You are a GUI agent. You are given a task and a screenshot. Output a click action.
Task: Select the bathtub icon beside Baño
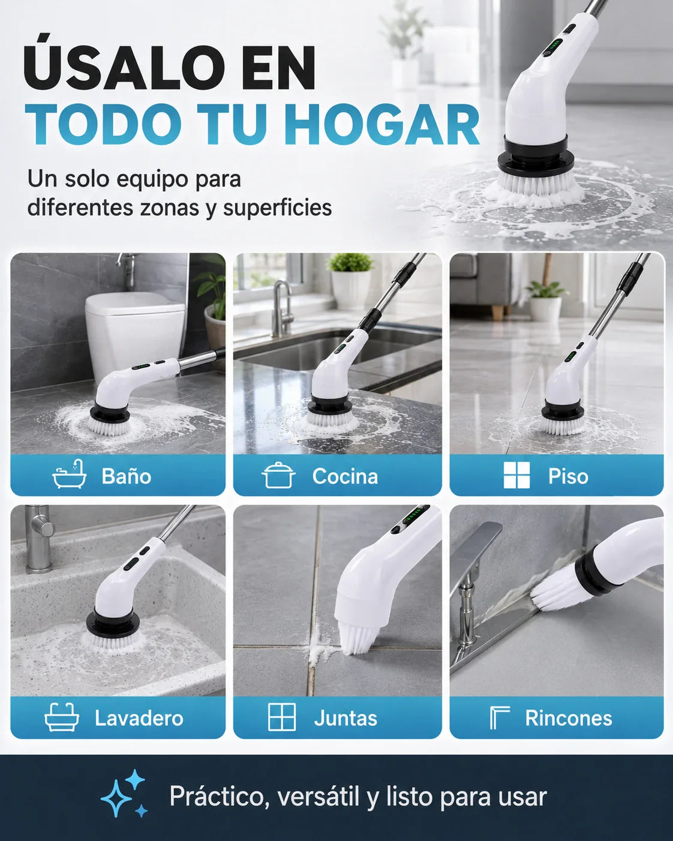(70, 474)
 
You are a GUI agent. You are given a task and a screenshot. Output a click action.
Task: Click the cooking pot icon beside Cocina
(278, 475)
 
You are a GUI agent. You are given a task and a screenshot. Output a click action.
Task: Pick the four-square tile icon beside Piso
(516, 475)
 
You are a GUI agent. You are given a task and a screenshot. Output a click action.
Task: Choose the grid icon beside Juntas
(282, 717)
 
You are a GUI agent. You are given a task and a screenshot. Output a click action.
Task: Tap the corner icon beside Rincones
(500, 717)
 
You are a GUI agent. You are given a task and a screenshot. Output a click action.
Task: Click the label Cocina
(345, 476)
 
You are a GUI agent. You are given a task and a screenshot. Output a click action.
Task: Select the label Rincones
(569, 718)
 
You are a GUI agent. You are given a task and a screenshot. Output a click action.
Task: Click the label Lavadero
(139, 718)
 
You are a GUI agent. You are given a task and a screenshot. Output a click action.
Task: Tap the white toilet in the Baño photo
(135, 336)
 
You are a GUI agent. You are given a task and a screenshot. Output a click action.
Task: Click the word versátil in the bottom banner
(318, 795)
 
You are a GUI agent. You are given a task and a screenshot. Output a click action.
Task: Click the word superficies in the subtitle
(278, 208)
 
